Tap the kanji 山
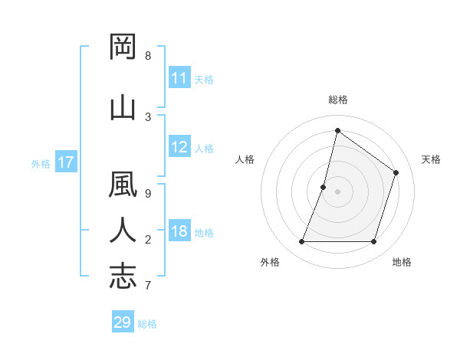tap(123, 107)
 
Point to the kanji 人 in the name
tap(123, 231)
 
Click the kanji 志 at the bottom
tap(123, 276)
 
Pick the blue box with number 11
tap(179, 78)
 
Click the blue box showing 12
tap(179, 147)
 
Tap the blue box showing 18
tap(179, 232)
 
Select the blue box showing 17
tap(66, 162)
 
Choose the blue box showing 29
tap(123, 322)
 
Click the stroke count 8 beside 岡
tap(148, 56)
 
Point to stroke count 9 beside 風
tap(148, 194)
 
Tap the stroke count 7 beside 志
tap(148, 286)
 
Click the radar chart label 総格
tap(337, 100)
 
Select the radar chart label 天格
tap(431, 159)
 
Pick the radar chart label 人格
tap(245, 159)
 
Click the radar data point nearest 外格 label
tap(301, 242)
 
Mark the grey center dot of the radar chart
tap(337, 191)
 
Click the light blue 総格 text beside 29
tap(147, 324)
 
